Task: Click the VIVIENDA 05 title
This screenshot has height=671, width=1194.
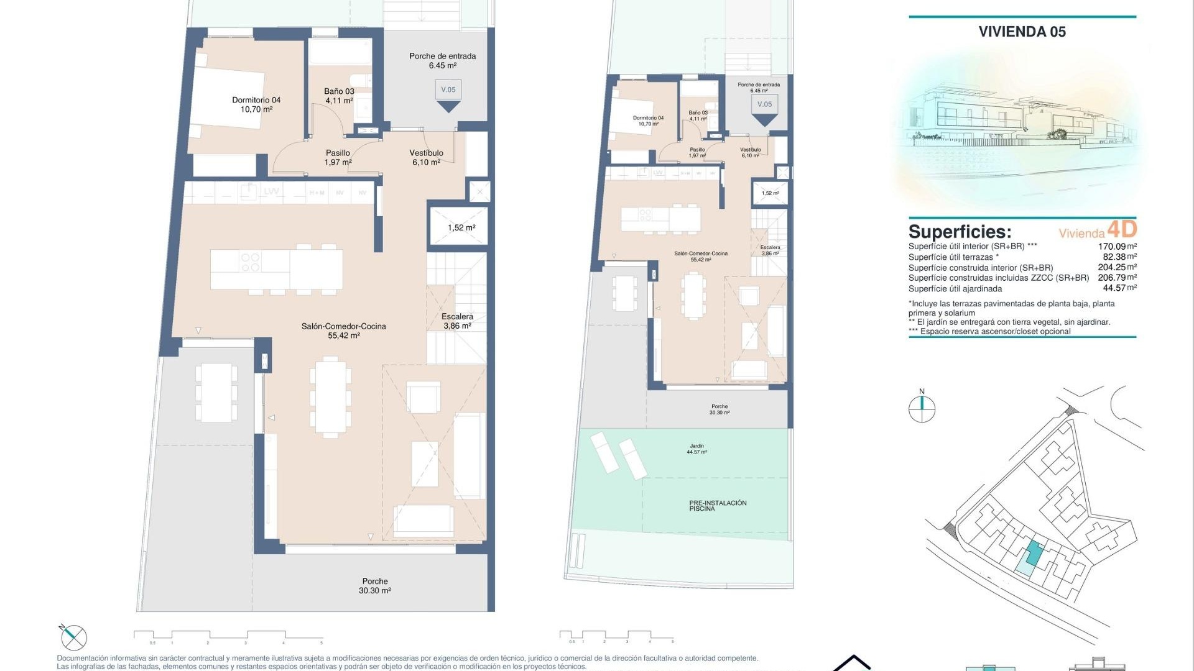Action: pos(1022,32)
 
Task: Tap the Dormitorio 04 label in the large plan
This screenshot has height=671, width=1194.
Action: pos(256,104)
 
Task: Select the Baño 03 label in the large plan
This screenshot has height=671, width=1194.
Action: pos(339,96)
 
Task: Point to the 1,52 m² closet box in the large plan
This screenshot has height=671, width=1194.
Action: pos(461,227)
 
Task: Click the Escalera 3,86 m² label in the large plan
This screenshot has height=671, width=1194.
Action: pos(457,321)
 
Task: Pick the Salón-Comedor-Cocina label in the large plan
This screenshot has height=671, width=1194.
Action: pos(343,331)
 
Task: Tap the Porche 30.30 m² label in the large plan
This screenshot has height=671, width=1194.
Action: pos(375,586)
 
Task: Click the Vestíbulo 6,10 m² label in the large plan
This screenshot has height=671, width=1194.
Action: pos(426,157)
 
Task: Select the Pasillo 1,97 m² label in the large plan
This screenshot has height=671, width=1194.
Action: pos(338,157)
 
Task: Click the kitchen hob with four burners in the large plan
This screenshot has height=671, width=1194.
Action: pos(250,263)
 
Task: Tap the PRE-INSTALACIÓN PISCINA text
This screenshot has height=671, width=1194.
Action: pos(718,506)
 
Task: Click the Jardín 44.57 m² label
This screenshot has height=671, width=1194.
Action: pos(696,449)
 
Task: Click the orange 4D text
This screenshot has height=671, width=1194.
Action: pos(1122,229)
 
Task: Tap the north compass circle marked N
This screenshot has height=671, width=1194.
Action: pos(922,408)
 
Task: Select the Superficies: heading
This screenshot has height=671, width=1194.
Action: pos(960,232)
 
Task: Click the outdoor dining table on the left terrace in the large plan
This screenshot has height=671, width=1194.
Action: pos(216,393)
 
